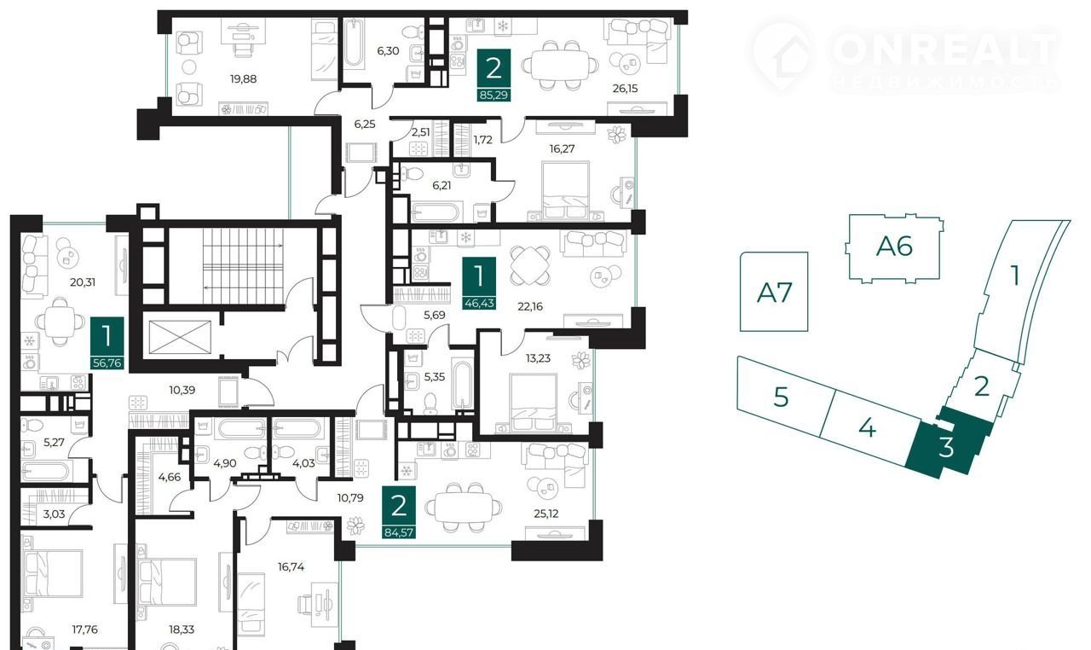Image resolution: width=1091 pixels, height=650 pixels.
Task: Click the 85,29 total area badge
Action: (494, 95)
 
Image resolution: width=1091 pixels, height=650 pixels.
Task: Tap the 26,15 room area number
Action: (625, 89)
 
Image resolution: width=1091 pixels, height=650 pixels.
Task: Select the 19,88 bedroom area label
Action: (243, 79)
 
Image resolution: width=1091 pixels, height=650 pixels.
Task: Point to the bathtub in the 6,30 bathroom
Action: (354, 43)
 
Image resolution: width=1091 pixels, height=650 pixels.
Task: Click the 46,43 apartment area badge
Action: (479, 303)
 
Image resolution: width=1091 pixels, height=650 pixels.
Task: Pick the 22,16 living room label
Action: (530, 306)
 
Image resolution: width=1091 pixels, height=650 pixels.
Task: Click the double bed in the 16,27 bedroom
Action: (565, 190)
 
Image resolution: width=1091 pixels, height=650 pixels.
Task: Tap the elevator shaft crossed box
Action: (180, 337)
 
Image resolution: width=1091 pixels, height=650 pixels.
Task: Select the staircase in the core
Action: (243, 266)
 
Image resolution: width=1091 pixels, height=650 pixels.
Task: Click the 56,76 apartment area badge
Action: (107, 363)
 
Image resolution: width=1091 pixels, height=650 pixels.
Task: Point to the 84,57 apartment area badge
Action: (399, 532)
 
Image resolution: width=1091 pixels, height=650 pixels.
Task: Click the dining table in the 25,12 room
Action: (463, 508)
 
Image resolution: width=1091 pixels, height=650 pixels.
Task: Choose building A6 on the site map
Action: (894, 247)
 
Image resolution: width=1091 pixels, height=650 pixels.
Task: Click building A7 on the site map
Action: (774, 293)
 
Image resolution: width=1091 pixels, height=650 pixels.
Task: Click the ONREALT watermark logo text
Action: (946, 49)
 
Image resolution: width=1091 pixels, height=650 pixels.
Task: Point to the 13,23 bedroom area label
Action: (538, 358)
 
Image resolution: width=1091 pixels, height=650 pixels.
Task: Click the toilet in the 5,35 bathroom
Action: (430, 403)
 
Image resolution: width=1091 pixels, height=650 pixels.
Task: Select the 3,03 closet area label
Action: (54, 514)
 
